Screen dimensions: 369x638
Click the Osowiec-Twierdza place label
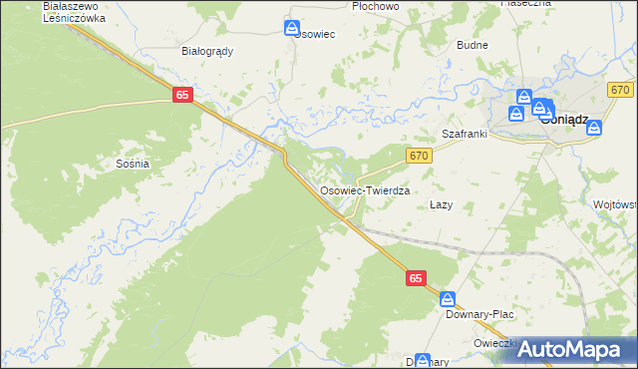tap(365, 189)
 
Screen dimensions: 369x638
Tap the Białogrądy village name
tap(207, 51)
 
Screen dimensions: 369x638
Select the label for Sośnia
tap(133, 163)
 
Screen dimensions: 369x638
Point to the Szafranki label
tap(463, 133)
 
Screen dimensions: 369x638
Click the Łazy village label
tap(441, 204)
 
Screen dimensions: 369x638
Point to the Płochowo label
tap(376, 6)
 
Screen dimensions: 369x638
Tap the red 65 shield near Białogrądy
tap(181, 94)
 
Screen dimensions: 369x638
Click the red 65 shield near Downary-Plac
tap(417, 281)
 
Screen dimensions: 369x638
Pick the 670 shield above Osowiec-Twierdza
tap(419, 155)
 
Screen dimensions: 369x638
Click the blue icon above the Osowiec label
tap(292, 28)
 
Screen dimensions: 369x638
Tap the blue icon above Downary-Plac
tap(449, 298)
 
